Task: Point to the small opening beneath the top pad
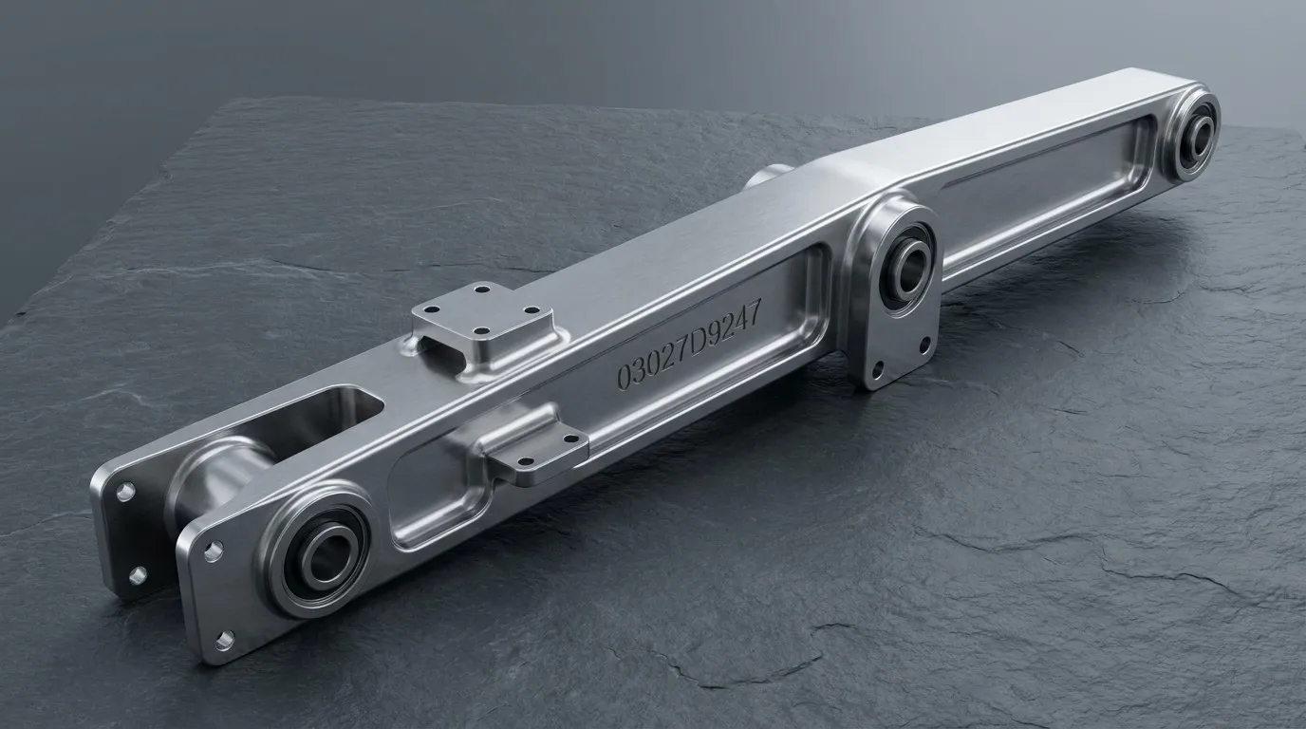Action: [x=444, y=355]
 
